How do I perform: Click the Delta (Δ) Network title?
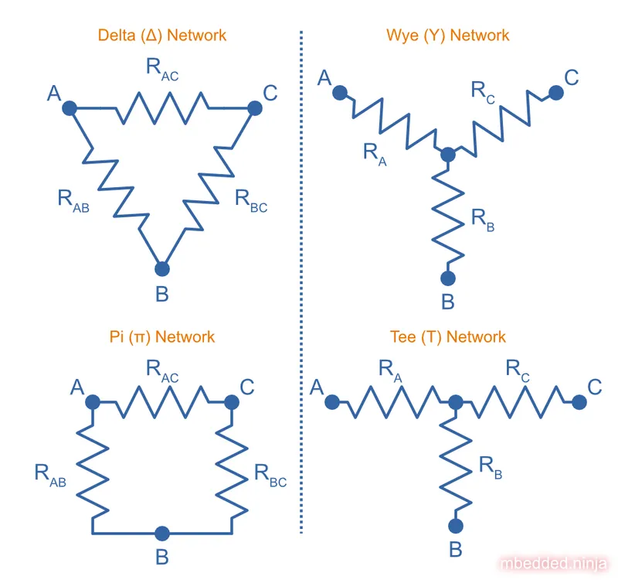tap(161, 35)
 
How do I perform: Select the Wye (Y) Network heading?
tap(447, 35)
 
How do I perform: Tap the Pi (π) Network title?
tap(161, 336)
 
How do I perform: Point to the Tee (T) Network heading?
tap(447, 336)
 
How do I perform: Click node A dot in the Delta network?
tap(69, 108)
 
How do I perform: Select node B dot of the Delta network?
tap(161, 268)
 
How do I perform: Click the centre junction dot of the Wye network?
tap(447, 155)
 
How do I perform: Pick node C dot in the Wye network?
tap(555, 93)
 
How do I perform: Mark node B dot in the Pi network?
tap(161, 533)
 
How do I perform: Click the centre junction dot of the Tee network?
tap(455, 402)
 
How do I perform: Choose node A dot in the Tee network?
tap(331, 402)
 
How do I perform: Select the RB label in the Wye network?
tap(482, 220)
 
